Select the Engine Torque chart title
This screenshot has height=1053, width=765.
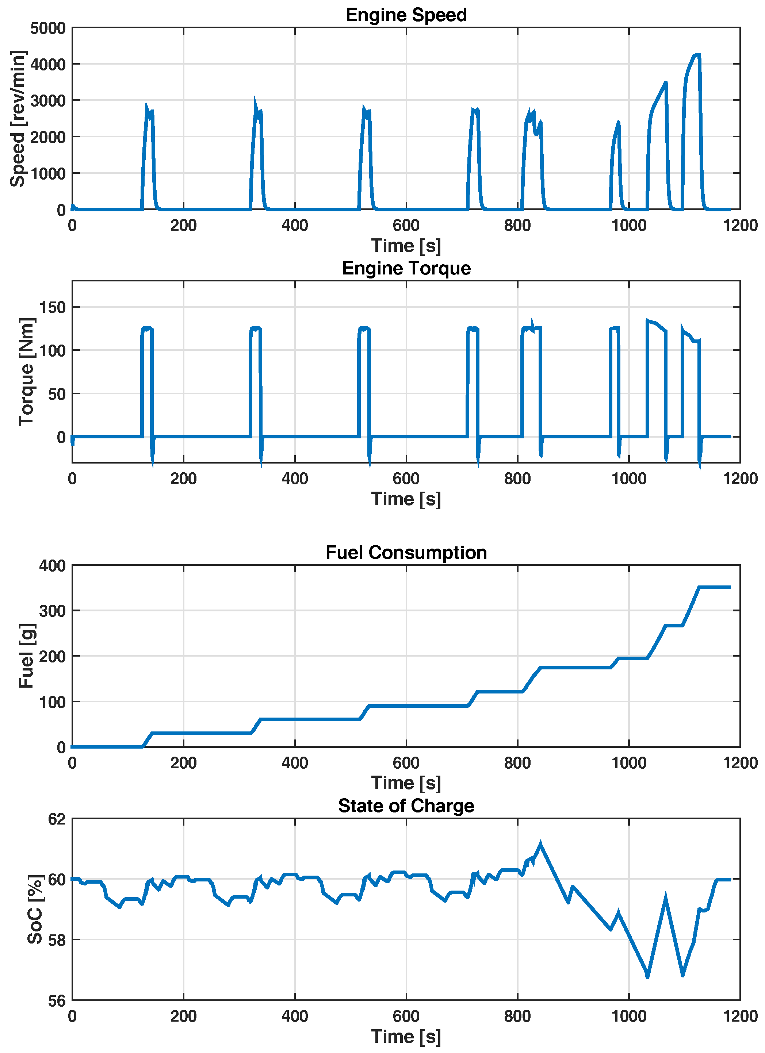pos(406,268)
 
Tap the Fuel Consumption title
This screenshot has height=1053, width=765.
pos(406,553)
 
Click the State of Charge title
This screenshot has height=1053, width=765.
pos(406,806)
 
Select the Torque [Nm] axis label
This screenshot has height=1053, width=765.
pos(27,372)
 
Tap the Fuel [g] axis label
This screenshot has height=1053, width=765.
pos(27,656)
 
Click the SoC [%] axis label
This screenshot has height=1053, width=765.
pos(35,910)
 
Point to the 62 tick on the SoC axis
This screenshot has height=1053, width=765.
pos(57,819)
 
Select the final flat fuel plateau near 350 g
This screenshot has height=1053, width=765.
pos(715,587)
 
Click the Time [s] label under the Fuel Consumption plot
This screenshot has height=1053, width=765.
pos(406,783)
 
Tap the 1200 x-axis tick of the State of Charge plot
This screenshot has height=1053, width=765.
pos(740,1017)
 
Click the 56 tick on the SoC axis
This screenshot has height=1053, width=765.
pos(57,1002)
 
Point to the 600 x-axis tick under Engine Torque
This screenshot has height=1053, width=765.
pos(406,479)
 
